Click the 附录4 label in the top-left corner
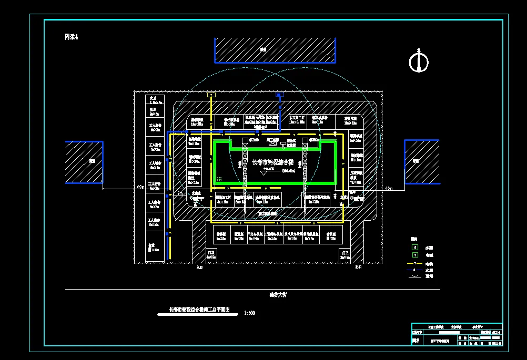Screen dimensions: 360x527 (71, 37)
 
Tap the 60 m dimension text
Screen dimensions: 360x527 (140, 187)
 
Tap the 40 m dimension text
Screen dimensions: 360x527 (389, 188)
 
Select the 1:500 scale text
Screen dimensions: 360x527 (250, 314)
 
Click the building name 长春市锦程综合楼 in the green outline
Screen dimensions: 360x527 (272, 162)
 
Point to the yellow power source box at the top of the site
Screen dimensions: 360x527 (211, 95)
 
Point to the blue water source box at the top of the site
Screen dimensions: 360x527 (280, 95)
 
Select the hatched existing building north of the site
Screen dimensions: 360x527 (275, 50)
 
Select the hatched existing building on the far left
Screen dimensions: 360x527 (84, 162)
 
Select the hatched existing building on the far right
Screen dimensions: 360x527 (421, 162)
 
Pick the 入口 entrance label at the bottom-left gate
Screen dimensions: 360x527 (199, 267)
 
